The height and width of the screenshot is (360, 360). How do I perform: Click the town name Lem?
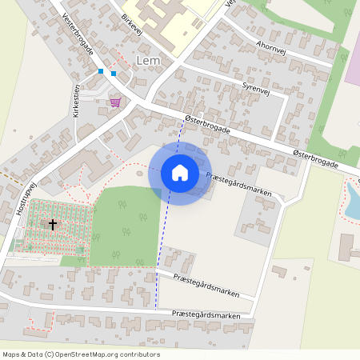pyautogui.click(x=149, y=61)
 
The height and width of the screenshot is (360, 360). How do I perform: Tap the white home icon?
pyautogui.click(x=179, y=173)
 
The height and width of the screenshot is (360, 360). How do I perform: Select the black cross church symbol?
pyautogui.click(x=54, y=225)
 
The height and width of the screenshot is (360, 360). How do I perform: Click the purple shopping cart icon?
pyautogui.click(x=116, y=102)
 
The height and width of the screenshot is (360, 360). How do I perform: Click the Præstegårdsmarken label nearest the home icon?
pyautogui.click(x=238, y=184)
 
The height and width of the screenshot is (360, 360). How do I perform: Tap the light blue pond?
pyautogui.click(x=352, y=199)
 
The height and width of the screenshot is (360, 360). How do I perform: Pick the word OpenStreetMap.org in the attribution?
pyautogui.click(x=102, y=354)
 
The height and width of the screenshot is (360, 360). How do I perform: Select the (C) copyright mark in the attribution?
pyautogui.click(x=49, y=354)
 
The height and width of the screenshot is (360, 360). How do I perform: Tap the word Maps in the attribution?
pyautogui.click(x=12, y=354)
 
